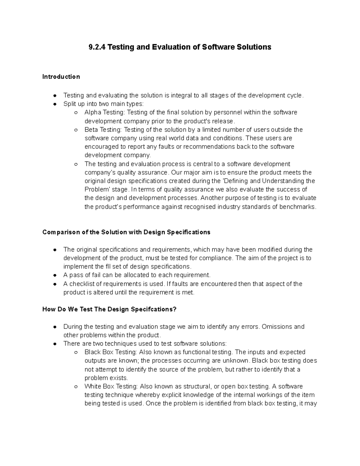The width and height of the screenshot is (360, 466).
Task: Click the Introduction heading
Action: click(61, 77)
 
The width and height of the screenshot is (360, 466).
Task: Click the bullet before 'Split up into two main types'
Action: click(55, 104)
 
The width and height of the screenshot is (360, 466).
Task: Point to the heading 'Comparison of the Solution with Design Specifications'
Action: click(126, 232)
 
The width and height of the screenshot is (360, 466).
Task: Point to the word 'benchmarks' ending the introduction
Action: click(297, 207)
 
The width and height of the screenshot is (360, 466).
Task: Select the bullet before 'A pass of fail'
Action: click(55, 275)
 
